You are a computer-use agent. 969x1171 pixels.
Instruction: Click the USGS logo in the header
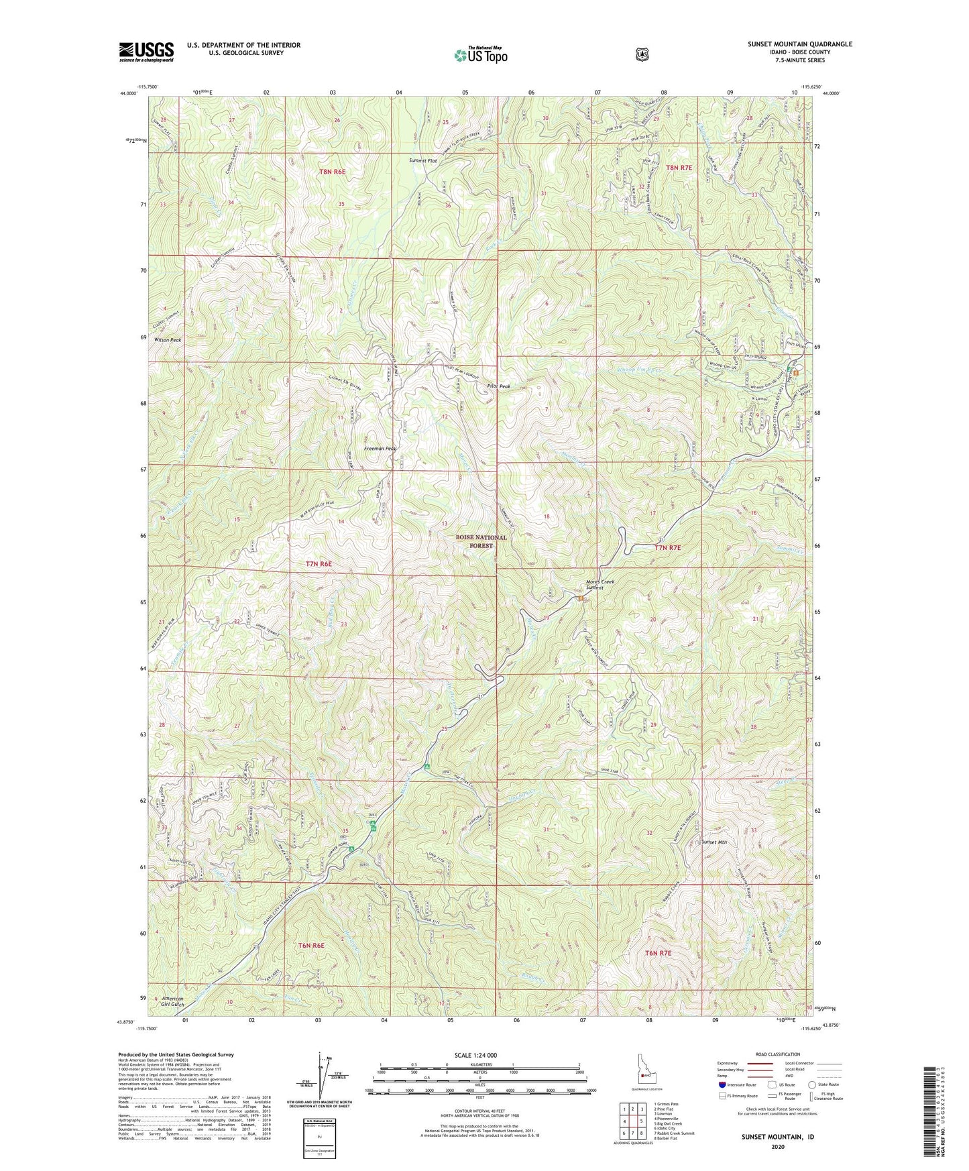[x=146, y=52]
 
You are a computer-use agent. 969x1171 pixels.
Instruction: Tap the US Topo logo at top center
[x=480, y=54]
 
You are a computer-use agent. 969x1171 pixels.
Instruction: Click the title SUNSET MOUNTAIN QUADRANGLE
[x=800, y=44]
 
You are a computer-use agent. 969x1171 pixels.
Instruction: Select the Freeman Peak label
[x=380, y=448]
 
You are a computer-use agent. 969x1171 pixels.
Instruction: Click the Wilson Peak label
[x=167, y=340]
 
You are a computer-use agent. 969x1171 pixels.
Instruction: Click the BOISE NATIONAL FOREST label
[x=481, y=542]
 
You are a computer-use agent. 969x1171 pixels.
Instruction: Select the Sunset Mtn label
[x=713, y=842]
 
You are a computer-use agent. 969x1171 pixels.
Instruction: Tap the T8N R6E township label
[x=332, y=172]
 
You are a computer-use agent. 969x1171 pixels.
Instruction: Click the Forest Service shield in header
[x=642, y=54]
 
